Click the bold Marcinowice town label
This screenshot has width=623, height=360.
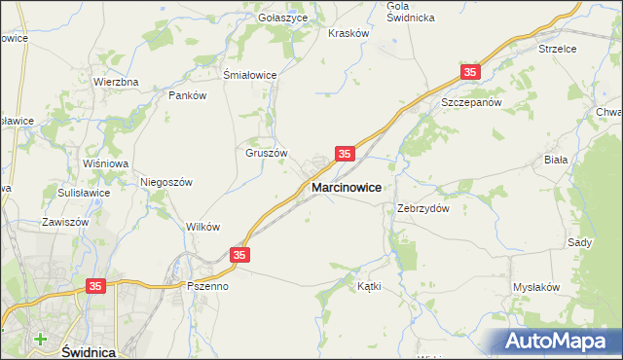(x=346, y=186)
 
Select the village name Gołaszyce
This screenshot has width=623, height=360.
(x=283, y=18)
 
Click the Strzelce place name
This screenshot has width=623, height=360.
(x=558, y=48)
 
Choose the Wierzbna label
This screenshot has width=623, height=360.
(x=116, y=82)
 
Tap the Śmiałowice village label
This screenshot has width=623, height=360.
(x=250, y=75)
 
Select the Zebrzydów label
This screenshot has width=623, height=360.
(x=422, y=208)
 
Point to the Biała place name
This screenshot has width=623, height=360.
(x=583, y=159)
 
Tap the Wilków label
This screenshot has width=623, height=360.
(x=202, y=227)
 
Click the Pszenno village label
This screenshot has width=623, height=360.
(x=207, y=287)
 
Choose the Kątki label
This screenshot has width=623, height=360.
(x=369, y=287)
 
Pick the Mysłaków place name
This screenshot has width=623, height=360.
(x=536, y=287)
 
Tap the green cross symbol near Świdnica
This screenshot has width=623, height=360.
(x=40, y=340)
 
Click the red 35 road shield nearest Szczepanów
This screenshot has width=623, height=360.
(x=471, y=73)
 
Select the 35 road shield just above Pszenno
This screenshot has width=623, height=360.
(x=240, y=255)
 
